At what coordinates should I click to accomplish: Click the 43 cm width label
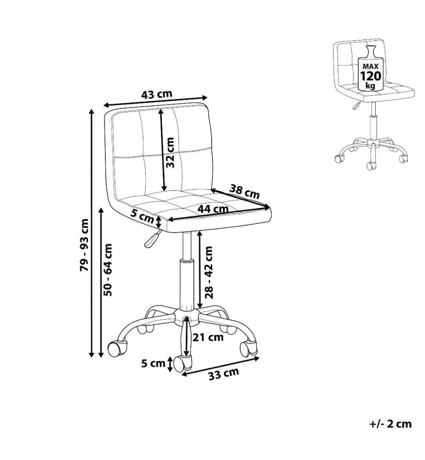[156, 94]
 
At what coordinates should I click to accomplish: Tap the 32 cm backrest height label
[170, 153]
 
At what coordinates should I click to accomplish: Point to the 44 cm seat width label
[212, 209]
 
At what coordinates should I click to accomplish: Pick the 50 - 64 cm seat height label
[108, 270]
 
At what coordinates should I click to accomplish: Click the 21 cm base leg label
[208, 337]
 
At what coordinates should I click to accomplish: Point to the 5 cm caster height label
[153, 363]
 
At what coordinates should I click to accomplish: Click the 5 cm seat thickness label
[142, 217]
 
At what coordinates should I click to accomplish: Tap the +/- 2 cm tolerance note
[390, 424]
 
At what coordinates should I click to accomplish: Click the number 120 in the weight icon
[370, 76]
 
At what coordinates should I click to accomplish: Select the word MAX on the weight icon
[370, 67]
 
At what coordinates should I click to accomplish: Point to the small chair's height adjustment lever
[356, 105]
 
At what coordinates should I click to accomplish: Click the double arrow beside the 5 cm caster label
[170, 364]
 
